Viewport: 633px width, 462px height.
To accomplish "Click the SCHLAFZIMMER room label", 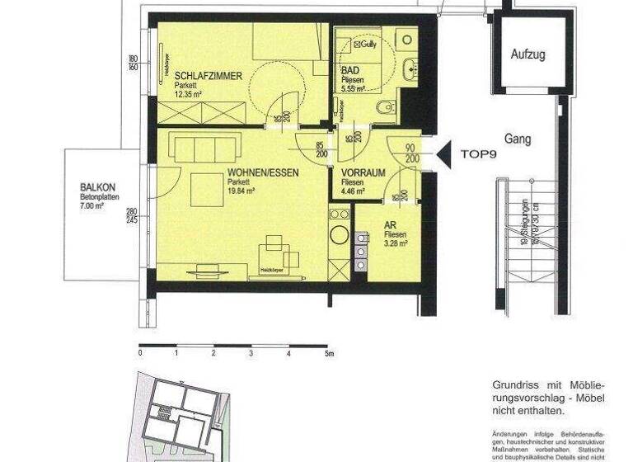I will pos(208,76).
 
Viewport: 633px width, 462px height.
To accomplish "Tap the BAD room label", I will pos(350,72).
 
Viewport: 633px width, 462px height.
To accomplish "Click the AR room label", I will pos(391,224).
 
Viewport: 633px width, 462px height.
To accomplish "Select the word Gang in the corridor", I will pos(518,139).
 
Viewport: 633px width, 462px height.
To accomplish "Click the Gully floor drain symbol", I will pos(366,45).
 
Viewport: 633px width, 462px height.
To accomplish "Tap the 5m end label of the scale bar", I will pos(329,353).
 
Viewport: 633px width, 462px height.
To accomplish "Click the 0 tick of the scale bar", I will pos(140,353).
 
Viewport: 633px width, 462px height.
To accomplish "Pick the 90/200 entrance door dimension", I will pos(410,153).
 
